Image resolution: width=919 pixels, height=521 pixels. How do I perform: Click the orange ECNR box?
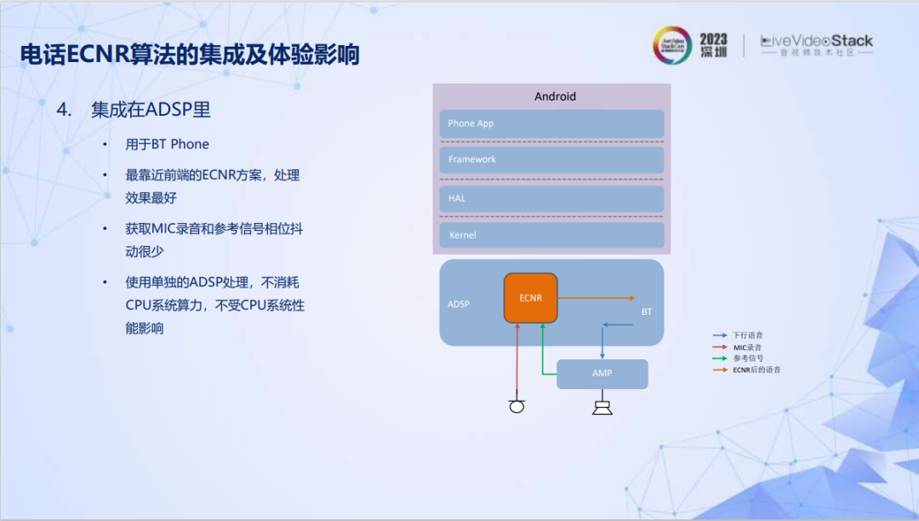tap(530, 298)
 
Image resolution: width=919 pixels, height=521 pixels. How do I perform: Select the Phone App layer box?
tap(551, 123)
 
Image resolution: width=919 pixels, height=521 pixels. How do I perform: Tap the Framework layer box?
tap(551, 160)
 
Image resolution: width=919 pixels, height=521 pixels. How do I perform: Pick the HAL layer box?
tap(551, 198)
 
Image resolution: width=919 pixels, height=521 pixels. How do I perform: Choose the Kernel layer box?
tap(551, 235)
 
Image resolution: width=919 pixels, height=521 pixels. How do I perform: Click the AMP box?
tap(602, 374)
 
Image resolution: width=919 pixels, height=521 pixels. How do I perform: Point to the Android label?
tap(555, 96)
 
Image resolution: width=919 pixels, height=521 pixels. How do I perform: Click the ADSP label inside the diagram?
tap(459, 304)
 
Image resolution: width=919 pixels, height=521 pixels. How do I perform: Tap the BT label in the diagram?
tap(647, 312)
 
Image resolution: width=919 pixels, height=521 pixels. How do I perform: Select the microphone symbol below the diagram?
tap(517, 406)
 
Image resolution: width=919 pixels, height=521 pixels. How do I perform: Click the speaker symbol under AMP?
tap(602, 407)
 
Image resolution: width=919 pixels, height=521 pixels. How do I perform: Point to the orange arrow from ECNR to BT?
tap(596, 298)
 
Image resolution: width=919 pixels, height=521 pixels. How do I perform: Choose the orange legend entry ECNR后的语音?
tap(756, 369)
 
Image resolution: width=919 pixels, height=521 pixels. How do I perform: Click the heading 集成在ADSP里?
tap(151, 110)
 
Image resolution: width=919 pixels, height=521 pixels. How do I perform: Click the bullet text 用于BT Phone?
tap(167, 145)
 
